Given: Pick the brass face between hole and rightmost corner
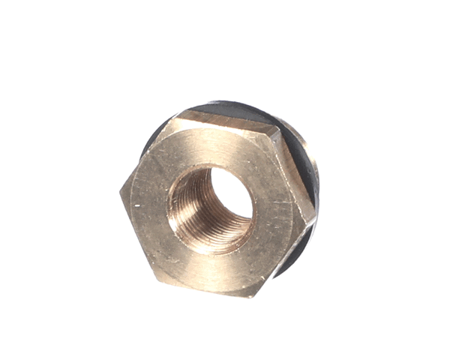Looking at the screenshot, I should [281, 214].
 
